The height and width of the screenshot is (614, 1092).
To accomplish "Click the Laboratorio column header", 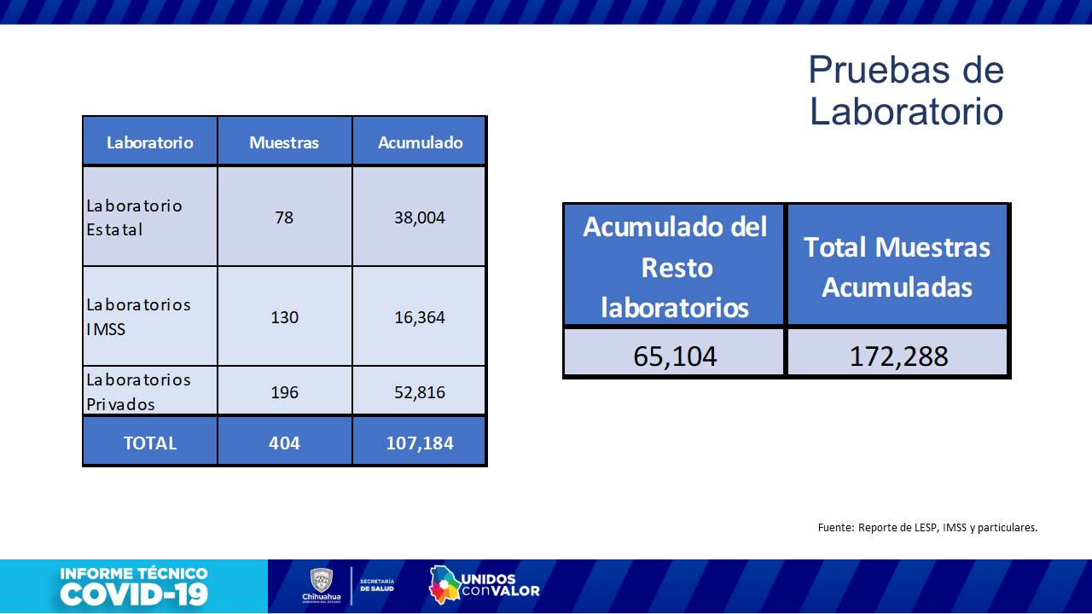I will (150, 142).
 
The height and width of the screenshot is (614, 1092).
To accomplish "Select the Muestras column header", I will (284, 142).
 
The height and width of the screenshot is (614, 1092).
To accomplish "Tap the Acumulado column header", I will (420, 142).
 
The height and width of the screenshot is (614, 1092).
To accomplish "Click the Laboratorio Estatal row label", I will (134, 217).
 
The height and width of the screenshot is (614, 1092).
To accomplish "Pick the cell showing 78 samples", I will (284, 217).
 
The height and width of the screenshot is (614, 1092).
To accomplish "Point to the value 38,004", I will (420, 217).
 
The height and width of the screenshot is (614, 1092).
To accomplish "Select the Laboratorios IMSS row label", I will (138, 316).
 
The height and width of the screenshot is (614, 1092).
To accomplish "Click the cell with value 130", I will (284, 317).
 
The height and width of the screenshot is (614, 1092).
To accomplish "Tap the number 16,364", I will (420, 317).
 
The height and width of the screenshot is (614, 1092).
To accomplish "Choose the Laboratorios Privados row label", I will (138, 391).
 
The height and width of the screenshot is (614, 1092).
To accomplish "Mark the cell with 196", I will (284, 392).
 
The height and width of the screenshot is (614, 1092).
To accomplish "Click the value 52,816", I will (420, 392).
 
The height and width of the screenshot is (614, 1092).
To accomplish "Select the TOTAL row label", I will (150, 443).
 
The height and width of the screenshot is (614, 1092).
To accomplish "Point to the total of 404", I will (284, 443).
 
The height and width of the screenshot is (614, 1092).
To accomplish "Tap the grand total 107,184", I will (420, 443).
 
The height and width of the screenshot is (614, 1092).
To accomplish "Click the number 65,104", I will (675, 356).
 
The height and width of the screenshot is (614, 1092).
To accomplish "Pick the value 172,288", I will (898, 356).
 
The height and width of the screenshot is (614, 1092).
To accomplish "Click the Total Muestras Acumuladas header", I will (897, 267).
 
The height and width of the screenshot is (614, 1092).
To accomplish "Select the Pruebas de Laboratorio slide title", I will (906, 90).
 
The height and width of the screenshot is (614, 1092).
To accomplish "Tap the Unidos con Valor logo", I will (484, 584).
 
